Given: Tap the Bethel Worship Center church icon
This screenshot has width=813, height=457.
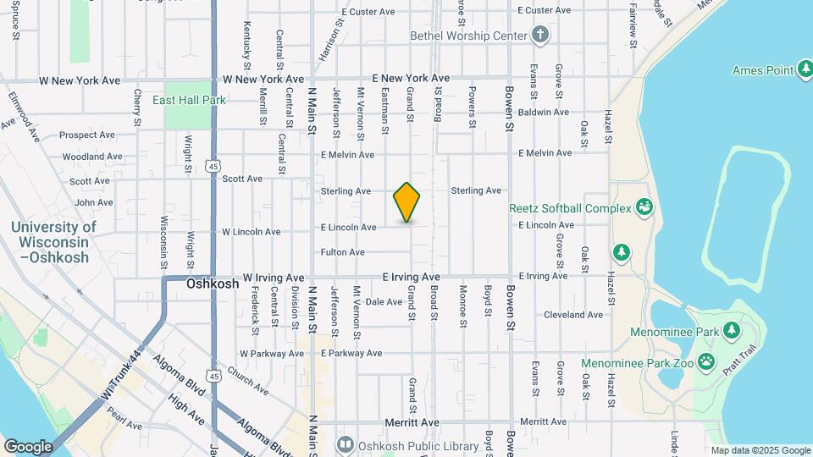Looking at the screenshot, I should pyautogui.click(x=540, y=36).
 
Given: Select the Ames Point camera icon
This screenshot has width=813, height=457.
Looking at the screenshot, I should pyautogui.click(x=807, y=70).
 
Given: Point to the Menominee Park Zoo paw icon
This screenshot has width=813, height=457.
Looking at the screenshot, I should pyautogui.click(x=706, y=363).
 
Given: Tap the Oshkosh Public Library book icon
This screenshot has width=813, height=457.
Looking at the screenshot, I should pyautogui.click(x=346, y=443).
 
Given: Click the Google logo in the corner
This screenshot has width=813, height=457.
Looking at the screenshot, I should pyautogui.click(x=28, y=447).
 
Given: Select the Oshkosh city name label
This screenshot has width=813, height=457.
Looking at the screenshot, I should pyautogui.click(x=213, y=284).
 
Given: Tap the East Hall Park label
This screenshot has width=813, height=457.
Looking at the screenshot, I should pyautogui.click(x=189, y=100).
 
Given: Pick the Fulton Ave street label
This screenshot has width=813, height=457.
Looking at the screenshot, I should pyautogui.click(x=343, y=252).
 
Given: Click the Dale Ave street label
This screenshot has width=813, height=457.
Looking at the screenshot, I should pyautogui.click(x=383, y=301).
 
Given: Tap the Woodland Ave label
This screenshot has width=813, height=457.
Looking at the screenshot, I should pyautogui.click(x=92, y=157).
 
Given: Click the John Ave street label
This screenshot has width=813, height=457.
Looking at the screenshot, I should pyautogui.click(x=94, y=202).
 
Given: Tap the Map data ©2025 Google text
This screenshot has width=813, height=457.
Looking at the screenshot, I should pyautogui.click(x=760, y=450).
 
